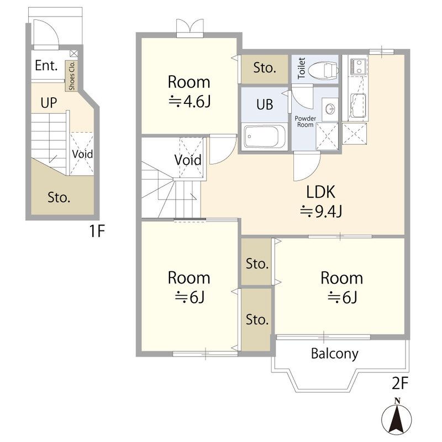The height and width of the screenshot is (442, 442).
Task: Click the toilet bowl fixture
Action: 323,70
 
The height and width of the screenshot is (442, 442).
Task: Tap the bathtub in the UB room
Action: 265,136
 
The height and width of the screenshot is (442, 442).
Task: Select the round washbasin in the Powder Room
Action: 330,108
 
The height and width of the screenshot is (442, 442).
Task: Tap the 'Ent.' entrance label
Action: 46,66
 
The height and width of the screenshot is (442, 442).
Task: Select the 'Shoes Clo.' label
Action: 72,76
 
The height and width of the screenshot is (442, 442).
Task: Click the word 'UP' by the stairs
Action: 49,103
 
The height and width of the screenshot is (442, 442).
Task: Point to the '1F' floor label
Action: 97,231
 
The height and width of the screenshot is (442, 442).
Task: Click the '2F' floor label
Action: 400,383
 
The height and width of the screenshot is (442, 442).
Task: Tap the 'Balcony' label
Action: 335,354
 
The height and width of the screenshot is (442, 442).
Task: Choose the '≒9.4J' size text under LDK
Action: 321,212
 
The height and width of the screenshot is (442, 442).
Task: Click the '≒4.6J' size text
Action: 190,102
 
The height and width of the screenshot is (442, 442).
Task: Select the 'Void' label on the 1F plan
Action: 82,154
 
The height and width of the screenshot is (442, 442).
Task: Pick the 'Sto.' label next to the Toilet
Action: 265,68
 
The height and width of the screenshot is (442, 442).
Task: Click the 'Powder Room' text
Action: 306,122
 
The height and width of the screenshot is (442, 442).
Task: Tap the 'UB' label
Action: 265,104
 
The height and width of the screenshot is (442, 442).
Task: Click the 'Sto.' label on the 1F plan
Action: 59,197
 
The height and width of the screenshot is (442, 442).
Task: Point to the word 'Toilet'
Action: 301,68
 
